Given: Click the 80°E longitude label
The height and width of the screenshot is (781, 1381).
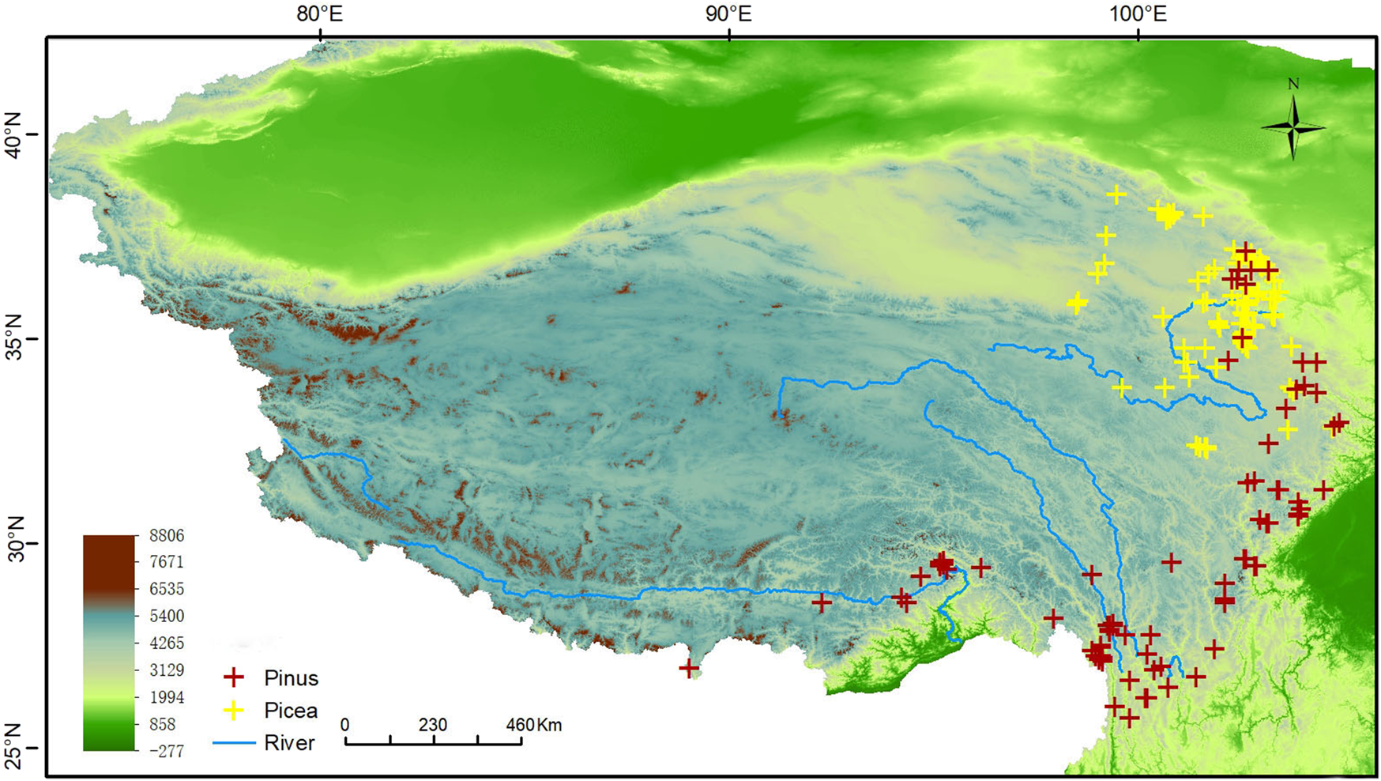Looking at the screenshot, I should click(320, 13).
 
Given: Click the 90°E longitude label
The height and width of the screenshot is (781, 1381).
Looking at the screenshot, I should click(728, 13).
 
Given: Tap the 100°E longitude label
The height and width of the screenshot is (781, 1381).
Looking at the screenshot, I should click(1138, 13).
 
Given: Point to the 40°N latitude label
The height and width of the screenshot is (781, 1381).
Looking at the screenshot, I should click(13, 134).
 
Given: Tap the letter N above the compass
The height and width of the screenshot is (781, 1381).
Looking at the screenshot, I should click(1293, 84).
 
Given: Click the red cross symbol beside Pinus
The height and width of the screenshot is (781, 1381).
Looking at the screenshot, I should click(234, 677).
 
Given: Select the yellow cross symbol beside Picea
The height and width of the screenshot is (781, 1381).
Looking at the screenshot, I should click(234, 710).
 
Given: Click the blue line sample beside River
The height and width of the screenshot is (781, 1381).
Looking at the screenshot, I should click(234, 743).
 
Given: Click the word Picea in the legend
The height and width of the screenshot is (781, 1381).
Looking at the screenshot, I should click(291, 711).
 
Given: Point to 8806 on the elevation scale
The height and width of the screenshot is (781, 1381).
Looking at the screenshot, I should click(166, 536).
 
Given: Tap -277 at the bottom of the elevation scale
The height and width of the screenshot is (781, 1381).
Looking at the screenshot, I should click(166, 751).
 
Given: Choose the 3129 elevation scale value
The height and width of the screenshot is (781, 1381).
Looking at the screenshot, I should click(166, 670).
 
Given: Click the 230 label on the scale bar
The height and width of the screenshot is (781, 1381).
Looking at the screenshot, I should click(432, 725).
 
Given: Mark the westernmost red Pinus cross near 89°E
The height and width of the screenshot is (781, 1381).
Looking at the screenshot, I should click(689, 669).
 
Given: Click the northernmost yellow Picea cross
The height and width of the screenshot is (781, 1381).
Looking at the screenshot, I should click(1116, 194).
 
